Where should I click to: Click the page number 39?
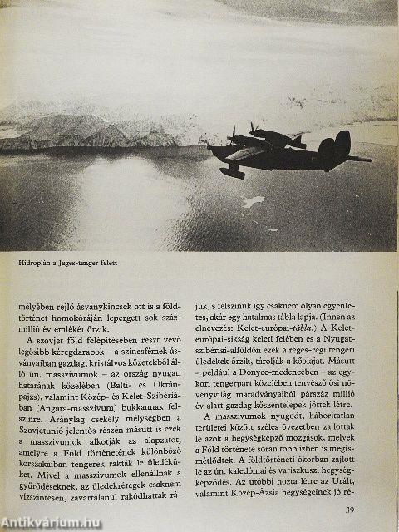pyautogui.click(x=350, y=510)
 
